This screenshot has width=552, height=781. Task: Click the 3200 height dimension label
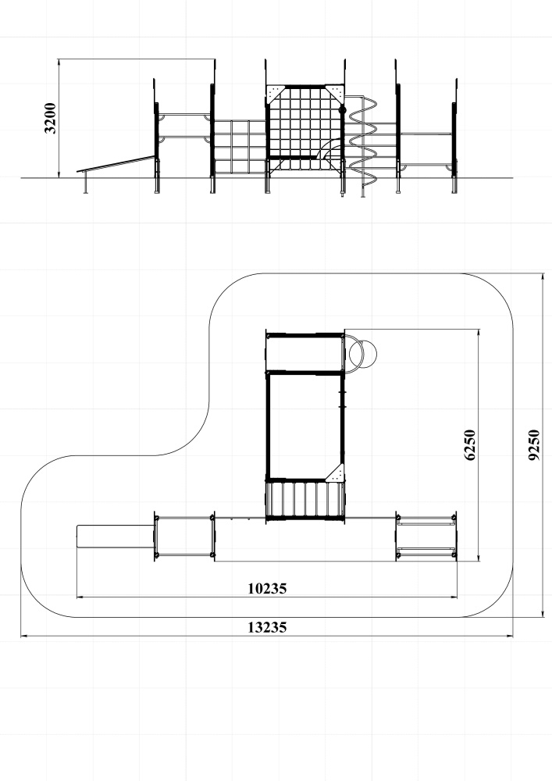coord(50,118)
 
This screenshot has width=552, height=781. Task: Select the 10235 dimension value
coord(267,589)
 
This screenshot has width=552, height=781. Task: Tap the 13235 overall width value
coord(267,628)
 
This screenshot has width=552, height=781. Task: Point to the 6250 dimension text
coord(470,445)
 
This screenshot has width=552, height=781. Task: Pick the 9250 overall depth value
coord(533,445)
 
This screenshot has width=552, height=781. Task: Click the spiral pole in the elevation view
coord(363,144)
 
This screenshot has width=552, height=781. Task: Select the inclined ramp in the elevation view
coord(116,164)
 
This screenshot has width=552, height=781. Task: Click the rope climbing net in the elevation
coord(304,129)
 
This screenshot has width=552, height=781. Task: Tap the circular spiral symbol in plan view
coord(363,354)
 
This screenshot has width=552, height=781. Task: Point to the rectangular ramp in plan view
coord(116,537)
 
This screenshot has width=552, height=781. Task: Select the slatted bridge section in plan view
coord(304,500)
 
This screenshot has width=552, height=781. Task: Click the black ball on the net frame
coord(343,109)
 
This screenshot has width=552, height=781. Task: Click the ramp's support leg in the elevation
coord(86,182)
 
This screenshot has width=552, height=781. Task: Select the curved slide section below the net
coord(331,148)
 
